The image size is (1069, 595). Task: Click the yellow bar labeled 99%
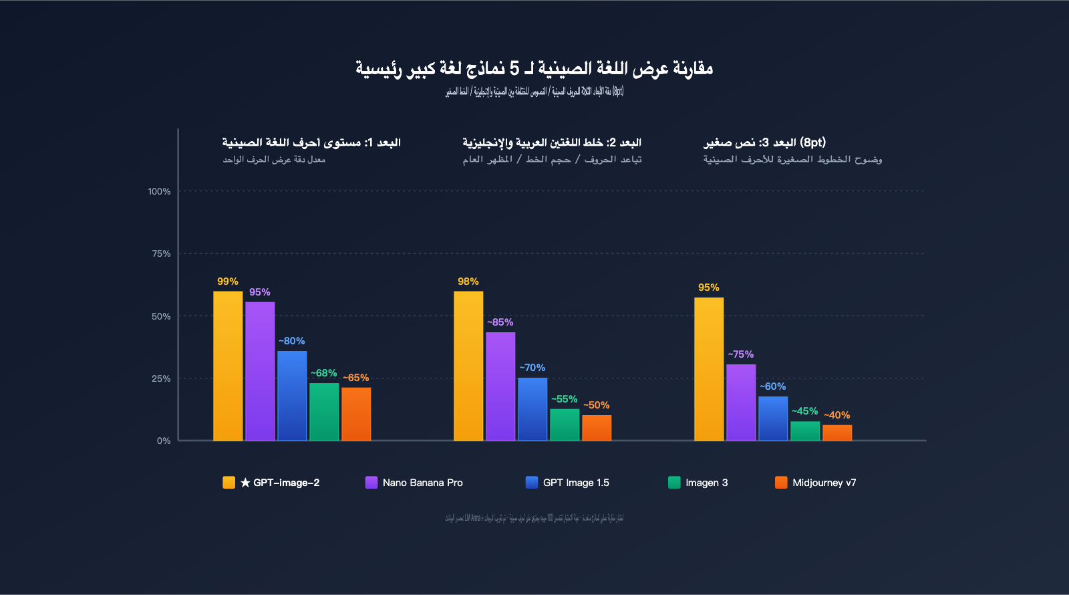(x=228, y=366)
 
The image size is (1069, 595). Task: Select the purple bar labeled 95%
(x=260, y=371)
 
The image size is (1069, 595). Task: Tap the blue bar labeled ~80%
(x=292, y=396)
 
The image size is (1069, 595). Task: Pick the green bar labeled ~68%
(x=324, y=412)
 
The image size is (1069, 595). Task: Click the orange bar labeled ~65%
(x=356, y=414)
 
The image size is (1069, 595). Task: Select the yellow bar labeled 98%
(x=468, y=366)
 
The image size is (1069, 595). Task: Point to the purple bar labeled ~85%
(x=500, y=386)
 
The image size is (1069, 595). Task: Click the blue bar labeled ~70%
(x=532, y=409)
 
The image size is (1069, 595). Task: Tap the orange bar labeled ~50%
(x=597, y=428)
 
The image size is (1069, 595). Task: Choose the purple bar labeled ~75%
(x=741, y=402)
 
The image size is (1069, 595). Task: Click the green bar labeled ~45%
(x=805, y=431)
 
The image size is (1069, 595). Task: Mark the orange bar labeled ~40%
(x=837, y=433)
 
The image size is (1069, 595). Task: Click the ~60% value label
(x=772, y=386)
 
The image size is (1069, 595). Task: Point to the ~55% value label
(x=564, y=399)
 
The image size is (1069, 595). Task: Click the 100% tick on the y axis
(x=159, y=191)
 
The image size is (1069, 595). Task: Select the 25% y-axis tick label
(x=161, y=378)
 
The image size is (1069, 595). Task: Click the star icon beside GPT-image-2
(x=245, y=483)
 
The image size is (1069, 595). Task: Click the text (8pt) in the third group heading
(x=813, y=142)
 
